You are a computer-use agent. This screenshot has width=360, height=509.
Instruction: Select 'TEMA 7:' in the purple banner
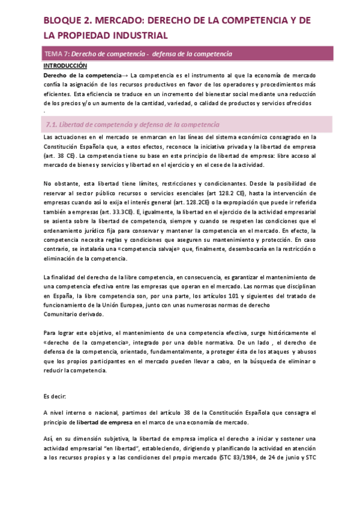pyautogui.click(x=58, y=55)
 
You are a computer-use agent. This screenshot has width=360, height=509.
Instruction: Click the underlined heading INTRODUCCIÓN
pyautogui.click(x=65, y=66)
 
